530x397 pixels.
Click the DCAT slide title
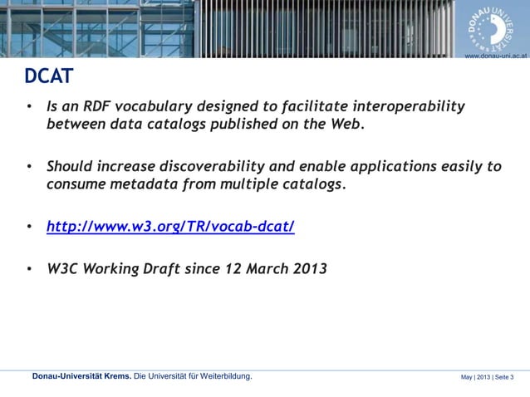pyautogui.click(x=48, y=77)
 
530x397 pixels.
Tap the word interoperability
pyautogui.click(x=409, y=107)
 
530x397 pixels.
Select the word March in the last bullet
pyautogui.click(x=260, y=268)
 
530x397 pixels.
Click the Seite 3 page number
pyautogui.click(x=503, y=378)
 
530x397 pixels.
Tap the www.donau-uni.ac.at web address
pyautogui.click(x=496, y=54)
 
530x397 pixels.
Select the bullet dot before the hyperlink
pyautogui.click(x=30, y=226)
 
